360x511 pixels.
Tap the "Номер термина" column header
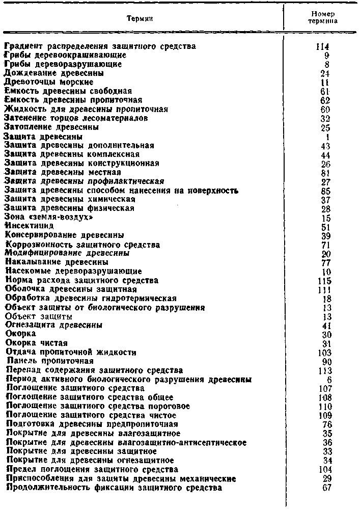(322, 18)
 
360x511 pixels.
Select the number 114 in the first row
(323, 46)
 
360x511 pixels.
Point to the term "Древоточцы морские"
(49, 82)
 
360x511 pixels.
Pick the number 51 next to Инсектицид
(326, 226)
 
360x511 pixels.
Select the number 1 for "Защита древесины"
(328, 137)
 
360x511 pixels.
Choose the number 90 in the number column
(326, 361)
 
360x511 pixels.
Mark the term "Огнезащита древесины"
(54, 325)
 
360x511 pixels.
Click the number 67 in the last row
(326, 487)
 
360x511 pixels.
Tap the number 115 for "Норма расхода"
(323, 280)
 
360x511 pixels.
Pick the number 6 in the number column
(328, 380)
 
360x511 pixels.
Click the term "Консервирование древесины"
(65, 235)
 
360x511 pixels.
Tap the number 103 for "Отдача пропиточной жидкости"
(323, 352)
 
